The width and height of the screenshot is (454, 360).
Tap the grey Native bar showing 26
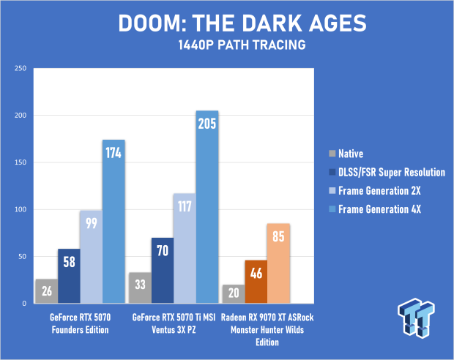(46, 290)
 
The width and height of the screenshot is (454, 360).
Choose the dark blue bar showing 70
(162, 270)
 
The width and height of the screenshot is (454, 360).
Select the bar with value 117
(185, 248)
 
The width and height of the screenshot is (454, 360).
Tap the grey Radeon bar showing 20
(234, 293)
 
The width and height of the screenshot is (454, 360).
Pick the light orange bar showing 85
(278, 263)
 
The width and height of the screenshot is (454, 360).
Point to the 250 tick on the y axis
(20, 69)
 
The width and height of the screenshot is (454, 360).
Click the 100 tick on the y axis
(20, 209)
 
